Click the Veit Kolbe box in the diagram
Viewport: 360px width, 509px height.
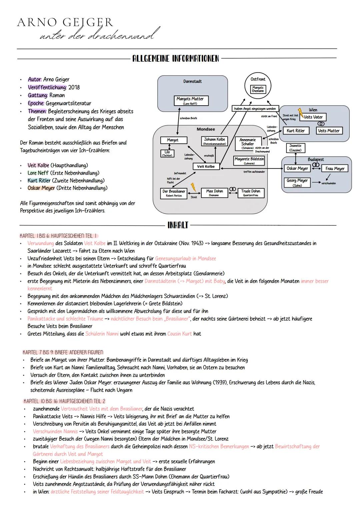pyautogui.click(x=206, y=167)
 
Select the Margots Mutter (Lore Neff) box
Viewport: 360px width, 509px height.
pyautogui.click(x=190, y=101)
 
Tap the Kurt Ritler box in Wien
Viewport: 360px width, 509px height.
pyautogui.click(x=296, y=131)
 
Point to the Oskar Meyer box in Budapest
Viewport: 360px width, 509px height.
pyautogui.click(x=297, y=169)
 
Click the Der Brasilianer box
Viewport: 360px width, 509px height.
pyautogui.click(x=174, y=193)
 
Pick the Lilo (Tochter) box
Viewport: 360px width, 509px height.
pyautogui.click(x=167, y=153)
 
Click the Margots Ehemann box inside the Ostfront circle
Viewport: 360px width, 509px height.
pyautogui.click(x=258, y=89)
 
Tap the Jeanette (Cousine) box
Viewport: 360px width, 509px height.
pyautogui.click(x=295, y=148)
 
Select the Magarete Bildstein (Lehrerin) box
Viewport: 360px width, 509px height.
pyautogui.click(x=249, y=161)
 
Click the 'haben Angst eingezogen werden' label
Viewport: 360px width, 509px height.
pyautogui.click(x=255, y=109)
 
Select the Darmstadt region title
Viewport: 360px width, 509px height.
pyautogui.click(x=192, y=81)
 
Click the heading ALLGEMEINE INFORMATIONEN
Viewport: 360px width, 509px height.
pyautogui.click(x=176, y=59)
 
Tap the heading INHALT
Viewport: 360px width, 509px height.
pyautogui.click(x=178, y=225)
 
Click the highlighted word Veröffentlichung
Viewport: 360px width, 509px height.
pyautogui.click(x=47, y=88)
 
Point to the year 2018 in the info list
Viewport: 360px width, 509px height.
pyautogui.click(x=74, y=88)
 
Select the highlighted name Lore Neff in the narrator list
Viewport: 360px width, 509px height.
pyautogui.click(x=38, y=173)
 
